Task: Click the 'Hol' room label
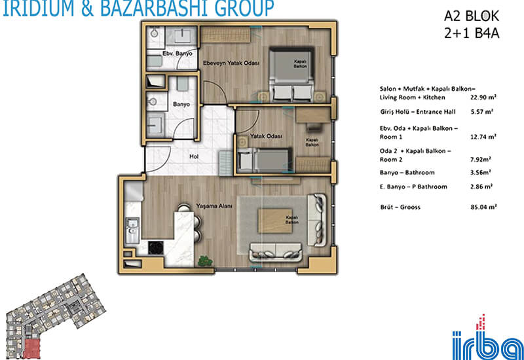194,156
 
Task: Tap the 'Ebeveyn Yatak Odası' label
231,63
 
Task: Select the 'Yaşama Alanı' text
214,206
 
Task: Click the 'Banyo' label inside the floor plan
181,105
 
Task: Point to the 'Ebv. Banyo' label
177,54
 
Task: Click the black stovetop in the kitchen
156,247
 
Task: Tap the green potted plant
205,261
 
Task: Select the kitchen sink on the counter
132,230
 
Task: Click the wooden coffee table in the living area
275,221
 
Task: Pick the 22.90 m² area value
483,98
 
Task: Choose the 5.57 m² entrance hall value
482,112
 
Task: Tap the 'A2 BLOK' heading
471,16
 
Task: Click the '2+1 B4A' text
472,33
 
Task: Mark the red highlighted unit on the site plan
31,348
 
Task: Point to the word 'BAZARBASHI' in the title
156,9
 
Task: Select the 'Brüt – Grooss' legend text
400,207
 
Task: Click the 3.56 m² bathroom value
481,173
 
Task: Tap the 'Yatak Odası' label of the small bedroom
266,136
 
